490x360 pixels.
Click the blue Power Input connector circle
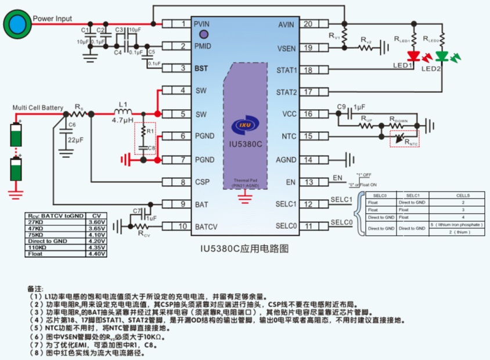click(x=16, y=24)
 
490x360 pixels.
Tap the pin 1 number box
click(x=183, y=24)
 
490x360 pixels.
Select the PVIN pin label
click(x=201, y=24)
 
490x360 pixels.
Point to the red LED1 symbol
click(x=413, y=56)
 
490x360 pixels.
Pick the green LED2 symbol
click(x=442, y=56)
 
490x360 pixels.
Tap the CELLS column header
click(x=455, y=196)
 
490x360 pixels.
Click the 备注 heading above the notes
click(x=35, y=289)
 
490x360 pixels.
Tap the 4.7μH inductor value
click(x=123, y=121)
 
